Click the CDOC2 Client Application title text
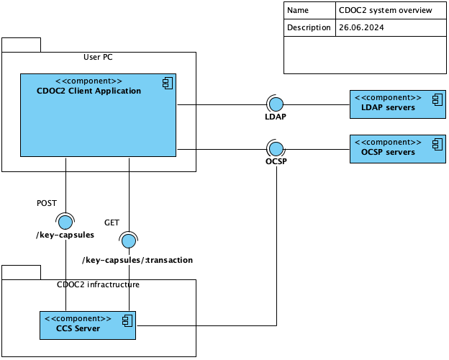point(89,91)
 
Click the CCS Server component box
point(87,325)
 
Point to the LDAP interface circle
point(276,105)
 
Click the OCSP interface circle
point(276,149)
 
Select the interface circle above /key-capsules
point(66,221)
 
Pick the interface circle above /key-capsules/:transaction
point(130,240)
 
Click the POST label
point(46,204)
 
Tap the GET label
point(112,222)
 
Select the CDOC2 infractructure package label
point(98,284)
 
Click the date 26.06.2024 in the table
point(360,28)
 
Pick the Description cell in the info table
point(309,28)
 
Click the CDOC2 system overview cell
point(385,11)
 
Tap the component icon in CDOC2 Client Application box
point(167,84)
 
